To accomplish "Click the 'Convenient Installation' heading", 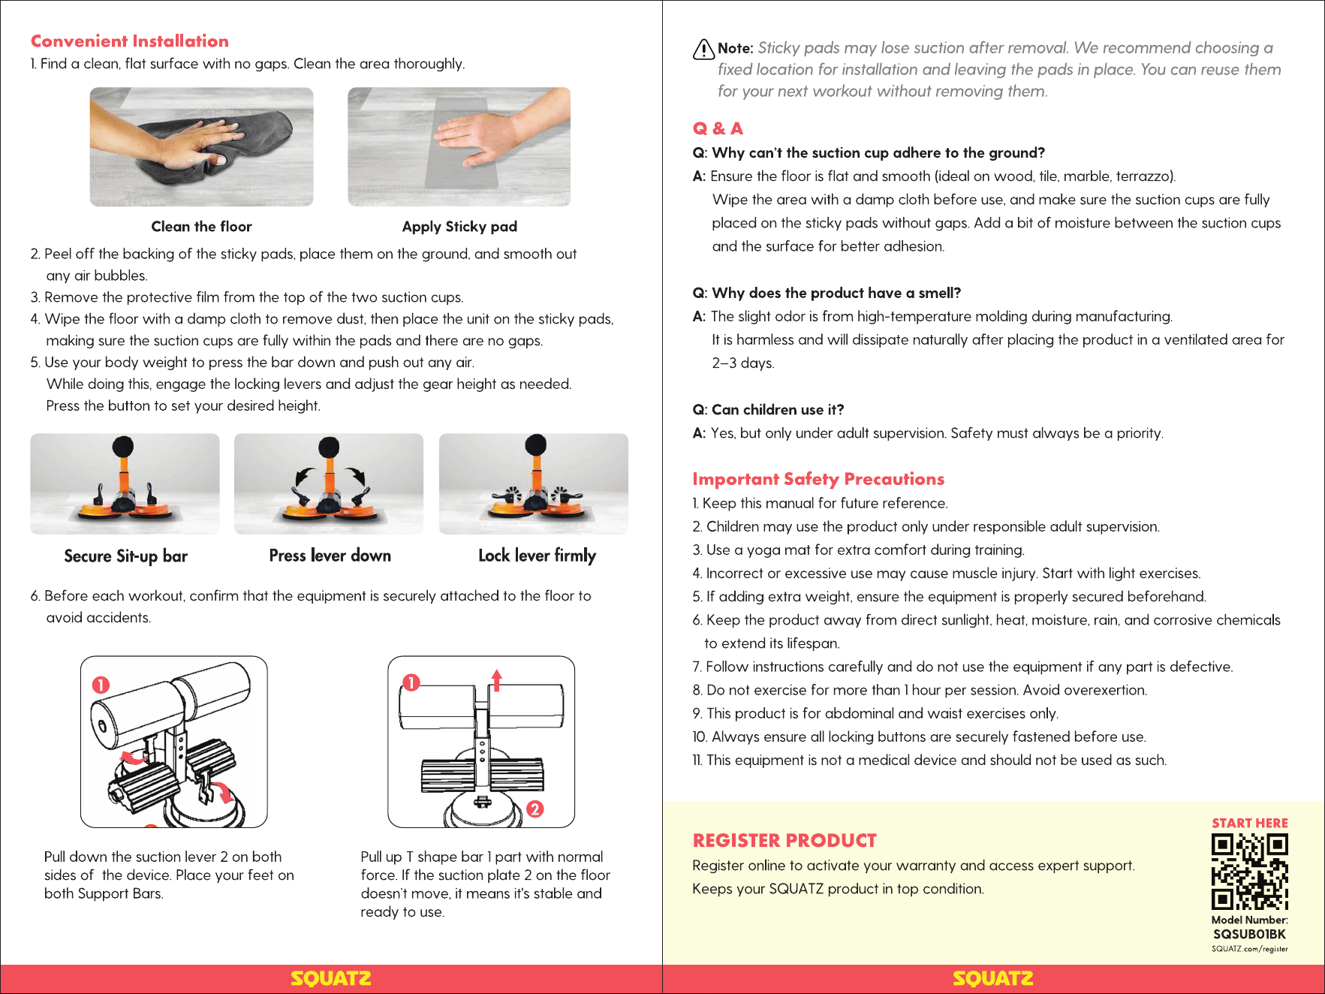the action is pos(130,41).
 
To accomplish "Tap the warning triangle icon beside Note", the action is pos(703,49).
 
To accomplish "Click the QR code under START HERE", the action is pos(1249,872).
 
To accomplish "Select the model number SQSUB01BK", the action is pos(1249,934).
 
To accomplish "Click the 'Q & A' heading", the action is pos(718,128).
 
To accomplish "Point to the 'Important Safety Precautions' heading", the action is pos(818,479).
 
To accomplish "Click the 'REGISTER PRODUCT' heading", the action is pos(784,840).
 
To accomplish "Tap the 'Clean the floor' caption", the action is pos(201,227).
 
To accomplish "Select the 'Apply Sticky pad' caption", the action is pos(459,227).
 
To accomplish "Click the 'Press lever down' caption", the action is pos(330,556).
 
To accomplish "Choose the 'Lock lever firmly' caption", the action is pos(537,556).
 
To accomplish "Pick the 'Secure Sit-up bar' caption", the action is pos(125,556).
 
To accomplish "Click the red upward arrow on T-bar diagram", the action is pos(496,679).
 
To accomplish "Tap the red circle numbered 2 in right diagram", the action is pos(535,809).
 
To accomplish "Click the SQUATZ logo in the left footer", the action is pos(331,978).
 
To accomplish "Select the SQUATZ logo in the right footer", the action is pos(993,978).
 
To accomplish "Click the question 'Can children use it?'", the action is pos(768,410).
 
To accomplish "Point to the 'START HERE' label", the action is pos(1249,823).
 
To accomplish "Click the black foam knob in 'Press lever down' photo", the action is pos(329,448).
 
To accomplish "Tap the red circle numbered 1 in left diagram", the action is pos(101,685).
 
